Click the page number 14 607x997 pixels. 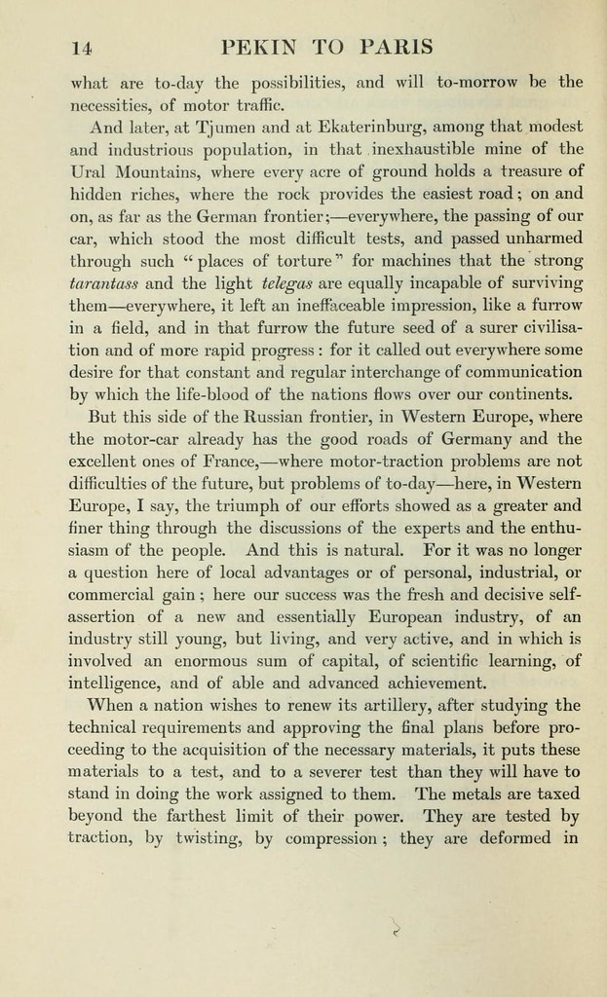81,47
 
